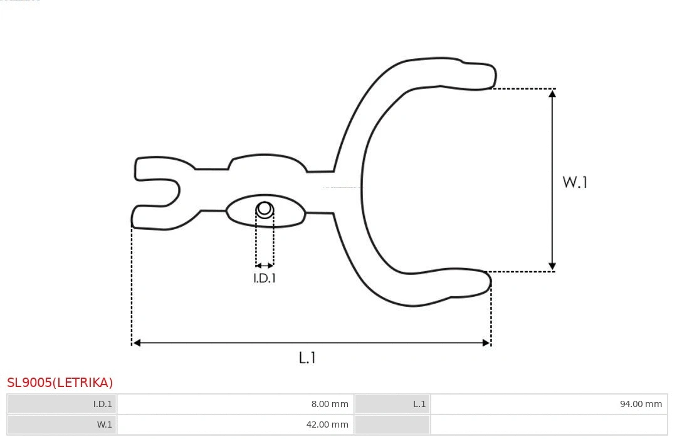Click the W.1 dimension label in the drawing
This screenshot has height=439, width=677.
pos(575,182)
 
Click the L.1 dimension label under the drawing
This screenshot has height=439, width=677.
pos(307,358)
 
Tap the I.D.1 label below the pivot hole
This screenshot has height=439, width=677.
pos(265,279)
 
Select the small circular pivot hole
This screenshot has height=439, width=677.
pos(265,209)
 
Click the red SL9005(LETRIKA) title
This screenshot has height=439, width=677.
pos(60,383)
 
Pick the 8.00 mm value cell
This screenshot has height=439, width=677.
pos(236,404)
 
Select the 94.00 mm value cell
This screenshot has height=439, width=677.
pos(548,404)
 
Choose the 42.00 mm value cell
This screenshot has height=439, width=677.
pos(236,425)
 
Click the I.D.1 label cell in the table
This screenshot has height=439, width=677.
pos(62,404)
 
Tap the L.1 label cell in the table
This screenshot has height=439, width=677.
pos(392,404)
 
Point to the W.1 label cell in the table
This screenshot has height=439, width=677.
pos(62,425)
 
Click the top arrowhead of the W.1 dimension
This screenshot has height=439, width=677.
pos(552,93)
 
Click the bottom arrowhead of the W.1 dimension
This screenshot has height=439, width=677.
pos(552,267)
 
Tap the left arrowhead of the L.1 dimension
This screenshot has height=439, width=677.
pos(137,343)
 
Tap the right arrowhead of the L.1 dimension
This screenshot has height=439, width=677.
pos(486,343)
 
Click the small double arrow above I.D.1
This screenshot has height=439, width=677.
pos(265,266)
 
